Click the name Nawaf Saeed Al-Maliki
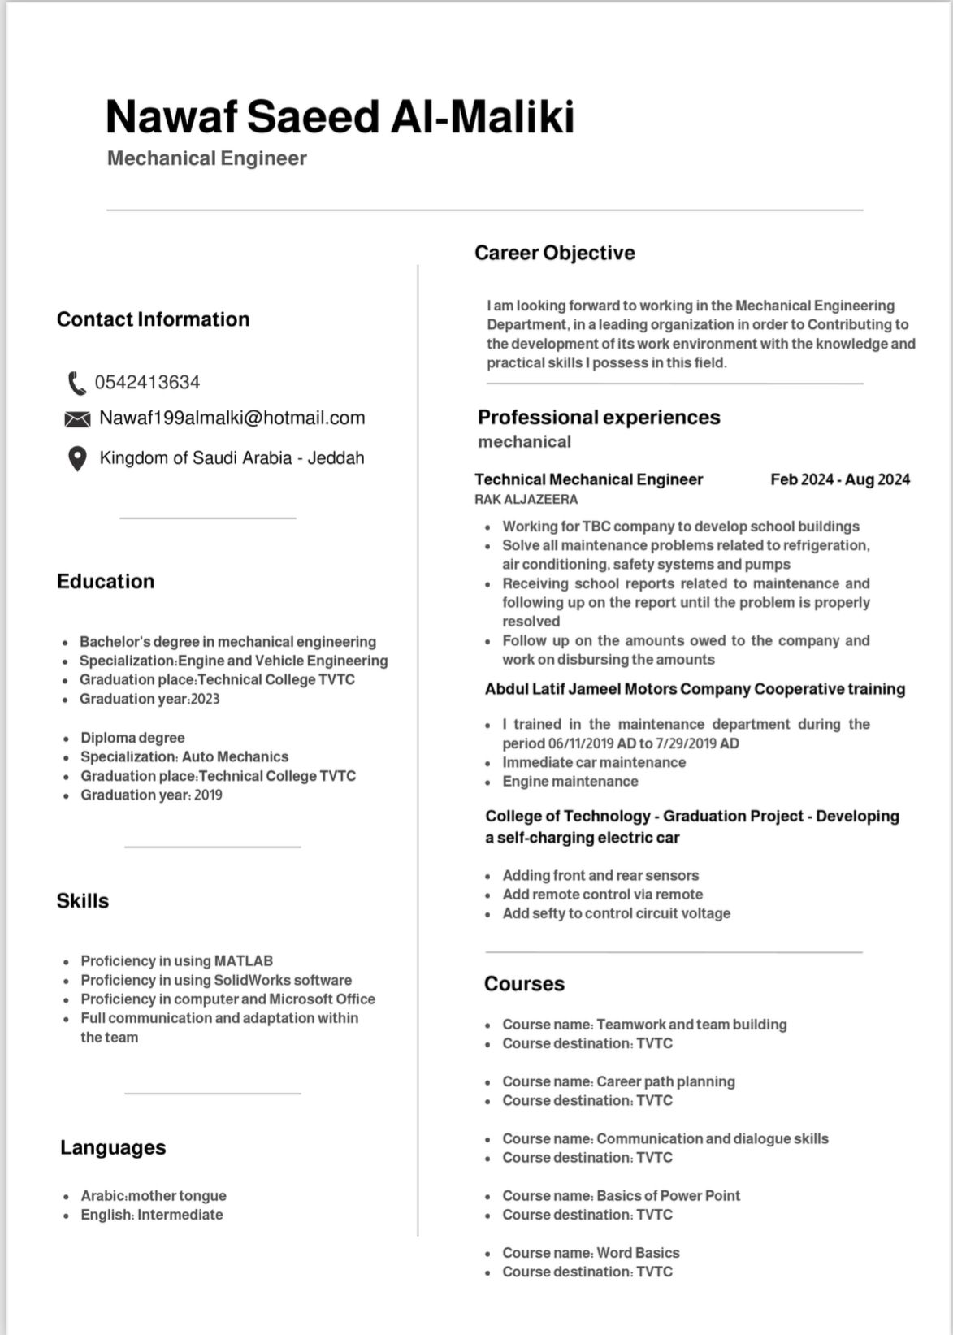click(x=340, y=116)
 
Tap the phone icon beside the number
click(x=76, y=382)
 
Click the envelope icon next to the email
click(x=77, y=418)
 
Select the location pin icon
click(x=76, y=458)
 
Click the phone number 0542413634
click(x=147, y=382)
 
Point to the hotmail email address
click(x=232, y=418)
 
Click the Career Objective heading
click(x=554, y=253)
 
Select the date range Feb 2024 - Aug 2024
click(x=839, y=479)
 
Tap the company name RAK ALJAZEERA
click(x=526, y=499)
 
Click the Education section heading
click(x=106, y=581)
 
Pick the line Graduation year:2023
click(x=149, y=699)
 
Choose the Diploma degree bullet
click(x=132, y=738)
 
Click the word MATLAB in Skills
click(x=243, y=960)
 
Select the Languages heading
click(x=113, y=1147)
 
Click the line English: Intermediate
click(x=151, y=1215)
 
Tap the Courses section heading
click(x=524, y=983)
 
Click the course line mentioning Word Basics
click(x=591, y=1253)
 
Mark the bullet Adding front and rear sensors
click(x=600, y=875)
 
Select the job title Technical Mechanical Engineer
click(x=588, y=479)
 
